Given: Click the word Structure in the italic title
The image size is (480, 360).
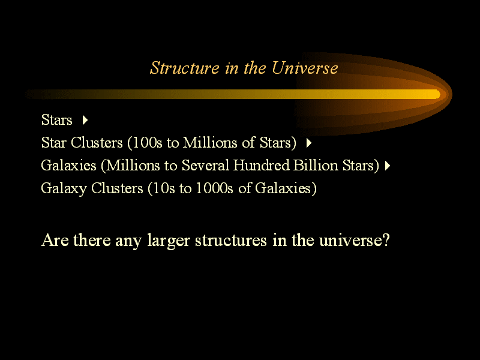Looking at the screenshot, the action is (185, 68).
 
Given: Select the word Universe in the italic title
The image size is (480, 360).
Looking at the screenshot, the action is (305, 68).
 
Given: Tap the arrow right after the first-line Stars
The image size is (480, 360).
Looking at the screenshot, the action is (85, 119).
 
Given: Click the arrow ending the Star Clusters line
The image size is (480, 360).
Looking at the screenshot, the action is (309, 143).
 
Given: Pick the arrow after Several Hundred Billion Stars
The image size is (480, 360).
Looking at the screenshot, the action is (388, 166).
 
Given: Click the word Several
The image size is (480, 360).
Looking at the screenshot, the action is (205, 166).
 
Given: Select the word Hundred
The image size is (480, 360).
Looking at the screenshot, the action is (261, 166).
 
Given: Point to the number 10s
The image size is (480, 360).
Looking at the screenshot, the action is (163, 188).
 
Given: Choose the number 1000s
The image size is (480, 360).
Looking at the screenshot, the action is (214, 188).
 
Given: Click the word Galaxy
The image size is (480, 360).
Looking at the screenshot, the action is (64, 188).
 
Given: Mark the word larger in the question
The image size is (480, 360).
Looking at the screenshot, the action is (169, 241).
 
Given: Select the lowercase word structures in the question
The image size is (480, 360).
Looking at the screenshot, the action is (231, 240).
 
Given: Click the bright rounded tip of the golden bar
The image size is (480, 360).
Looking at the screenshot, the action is (437, 94).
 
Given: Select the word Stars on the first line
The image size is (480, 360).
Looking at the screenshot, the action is (57, 119).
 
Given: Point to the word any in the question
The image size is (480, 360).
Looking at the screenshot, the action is (128, 241).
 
